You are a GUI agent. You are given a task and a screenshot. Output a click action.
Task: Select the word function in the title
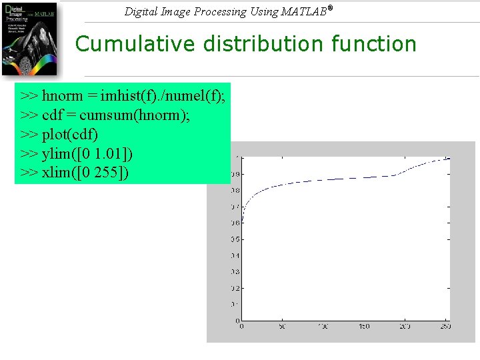click(x=374, y=44)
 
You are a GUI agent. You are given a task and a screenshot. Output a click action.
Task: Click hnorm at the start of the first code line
click(x=63, y=97)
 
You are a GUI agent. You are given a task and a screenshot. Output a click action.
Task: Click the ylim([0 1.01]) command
click(x=87, y=154)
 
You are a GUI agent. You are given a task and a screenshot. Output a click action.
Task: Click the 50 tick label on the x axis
click(x=282, y=327)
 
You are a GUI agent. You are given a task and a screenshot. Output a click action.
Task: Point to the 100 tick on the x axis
click(x=323, y=327)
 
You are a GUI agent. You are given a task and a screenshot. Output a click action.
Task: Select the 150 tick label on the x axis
click(x=364, y=327)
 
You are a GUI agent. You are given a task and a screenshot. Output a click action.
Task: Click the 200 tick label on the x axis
click(x=405, y=327)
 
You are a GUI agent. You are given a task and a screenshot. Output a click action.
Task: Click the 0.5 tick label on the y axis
click(x=235, y=239)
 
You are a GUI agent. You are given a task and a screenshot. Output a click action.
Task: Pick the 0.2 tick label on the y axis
click(x=235, y=288)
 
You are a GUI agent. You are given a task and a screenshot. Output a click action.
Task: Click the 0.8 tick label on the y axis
click(x=235, y=190)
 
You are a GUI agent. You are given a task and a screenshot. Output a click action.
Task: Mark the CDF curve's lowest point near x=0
click(x=242, y=222)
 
